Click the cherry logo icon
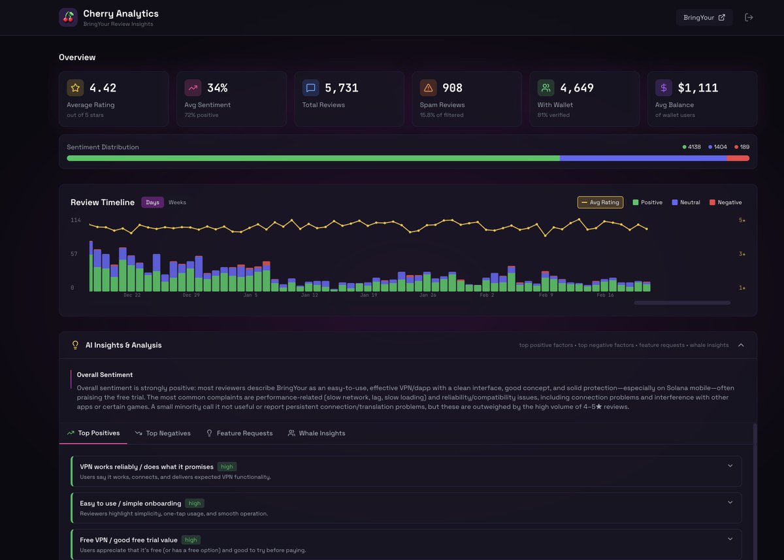click(x=69, y=18)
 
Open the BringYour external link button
click(x=704, y=18)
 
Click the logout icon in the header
click(x=749, y=18)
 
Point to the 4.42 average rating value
click(x=103, y=88)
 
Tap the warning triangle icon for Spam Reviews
click(x=429, y=88)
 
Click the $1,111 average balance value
click(x=698, y=88)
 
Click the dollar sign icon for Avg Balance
click(x=664, y=88)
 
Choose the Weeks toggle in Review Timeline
click(x=177, y=203)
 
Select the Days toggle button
click(x=152, y=203)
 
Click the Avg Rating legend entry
click(x=600, y=203)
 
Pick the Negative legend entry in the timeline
click(x=725, y=203)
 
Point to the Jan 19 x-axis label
click(x=368, y=295)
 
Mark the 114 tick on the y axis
click(x=76, y=220)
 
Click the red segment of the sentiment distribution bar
click(x=738, y=158)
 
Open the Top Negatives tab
click(x=163, y=433)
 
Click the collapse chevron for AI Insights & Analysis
click(x=741, y=345)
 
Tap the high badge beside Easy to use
click(x=194, y=503)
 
